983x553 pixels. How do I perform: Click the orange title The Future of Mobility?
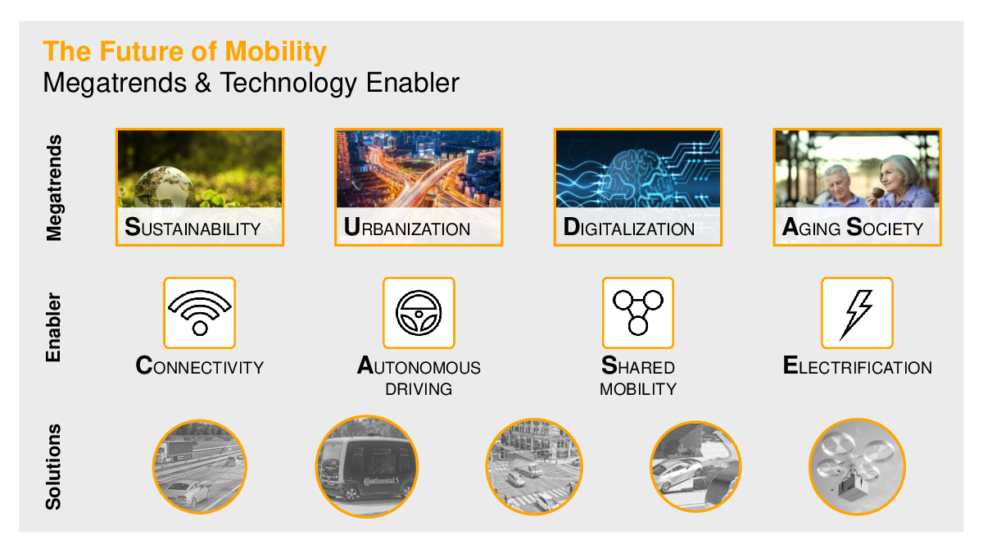pyautogui.click(x=185, y=52)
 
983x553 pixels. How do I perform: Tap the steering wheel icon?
pyautogui.click(x=419, y=313)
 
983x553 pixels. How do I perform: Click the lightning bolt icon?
pyautogui.click(x=856, y=315)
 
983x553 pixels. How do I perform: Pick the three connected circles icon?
pyautogui.click(x=637, y=312)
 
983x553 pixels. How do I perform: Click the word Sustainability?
pyautogui.click(x=193, y=228)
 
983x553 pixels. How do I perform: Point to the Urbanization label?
pyautogui.click(x=407, y=228)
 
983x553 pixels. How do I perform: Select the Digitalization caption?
pyautogui.click(x=628, y=228)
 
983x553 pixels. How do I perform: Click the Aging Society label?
pyautogui.click(x=852, y=228)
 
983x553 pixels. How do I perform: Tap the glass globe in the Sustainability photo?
pyautogui.click(x=164, y=188)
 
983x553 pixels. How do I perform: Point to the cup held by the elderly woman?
pyautogui.click(x=878, y=193)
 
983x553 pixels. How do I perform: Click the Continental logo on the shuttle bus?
pyautogui.click(x=381, y=481)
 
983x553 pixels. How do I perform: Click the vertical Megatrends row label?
pyautogui.click(x=54, y=188)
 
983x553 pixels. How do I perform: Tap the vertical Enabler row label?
pyautogui.click(x=53, y=328)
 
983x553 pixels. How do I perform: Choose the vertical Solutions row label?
pyautogui.click(x=53, y=467)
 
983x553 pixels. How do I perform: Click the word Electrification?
pyautogui.click(x=857, y=366)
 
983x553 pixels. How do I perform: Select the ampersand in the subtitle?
pyautogui.click(x=203, y=83)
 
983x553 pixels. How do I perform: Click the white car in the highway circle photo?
pyautogui.click(x=188, y=493)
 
